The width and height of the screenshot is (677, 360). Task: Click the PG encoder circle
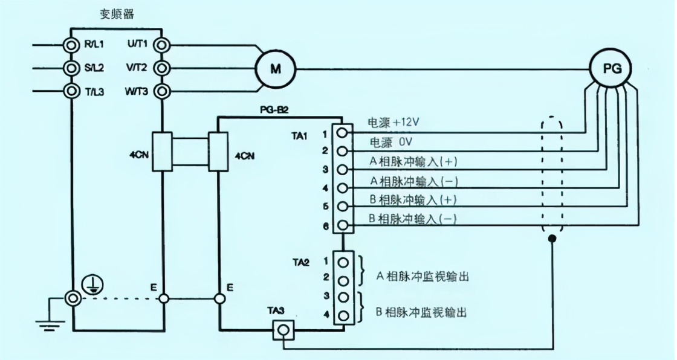point(609,67)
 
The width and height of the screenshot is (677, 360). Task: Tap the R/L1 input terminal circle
point(72,44)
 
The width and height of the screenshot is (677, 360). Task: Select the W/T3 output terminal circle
point(162,92)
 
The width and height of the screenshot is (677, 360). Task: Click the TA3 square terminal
point(282,329)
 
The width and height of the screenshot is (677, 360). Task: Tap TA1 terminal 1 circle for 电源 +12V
point(342,131)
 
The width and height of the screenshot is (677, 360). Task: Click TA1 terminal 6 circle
point(342,226)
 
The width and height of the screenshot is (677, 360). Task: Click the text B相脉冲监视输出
point(423,313)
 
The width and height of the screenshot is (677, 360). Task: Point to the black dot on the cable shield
point(551,240)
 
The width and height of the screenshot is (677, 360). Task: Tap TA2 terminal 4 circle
point(342,315)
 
